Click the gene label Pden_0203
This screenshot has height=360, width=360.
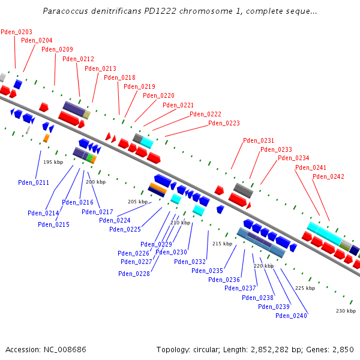17,32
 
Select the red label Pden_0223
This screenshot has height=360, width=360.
224,123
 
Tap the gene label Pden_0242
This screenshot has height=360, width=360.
328,176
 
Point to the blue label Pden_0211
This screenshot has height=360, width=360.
34,182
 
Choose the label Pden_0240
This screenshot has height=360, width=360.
292,316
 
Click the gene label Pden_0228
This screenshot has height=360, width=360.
134,274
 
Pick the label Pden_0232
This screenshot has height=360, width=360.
190,262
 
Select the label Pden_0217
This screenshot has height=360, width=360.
97,212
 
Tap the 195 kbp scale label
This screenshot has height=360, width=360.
53,162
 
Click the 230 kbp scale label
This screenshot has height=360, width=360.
346,311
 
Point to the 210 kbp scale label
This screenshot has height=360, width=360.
180,223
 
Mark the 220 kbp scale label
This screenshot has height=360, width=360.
263,265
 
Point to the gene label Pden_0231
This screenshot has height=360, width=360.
259,140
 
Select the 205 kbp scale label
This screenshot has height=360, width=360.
137,202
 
